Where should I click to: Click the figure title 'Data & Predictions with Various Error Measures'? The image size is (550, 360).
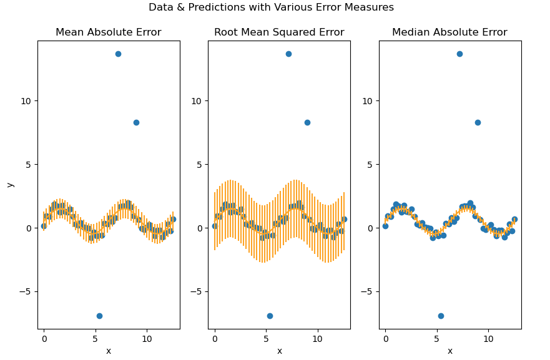(271, 7)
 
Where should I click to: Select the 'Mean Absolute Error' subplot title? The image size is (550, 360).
(108, 32)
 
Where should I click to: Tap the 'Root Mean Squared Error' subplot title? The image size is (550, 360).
(279, 32)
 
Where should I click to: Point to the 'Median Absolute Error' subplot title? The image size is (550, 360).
(449, 32)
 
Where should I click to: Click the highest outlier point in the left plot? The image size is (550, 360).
(118, 54)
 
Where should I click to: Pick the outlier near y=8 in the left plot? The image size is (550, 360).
(136, 122)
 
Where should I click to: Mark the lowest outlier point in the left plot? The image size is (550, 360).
(99, 316)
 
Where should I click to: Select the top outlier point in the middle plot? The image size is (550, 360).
(288, 54)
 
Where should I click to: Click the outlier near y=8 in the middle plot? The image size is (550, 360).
(307, 122)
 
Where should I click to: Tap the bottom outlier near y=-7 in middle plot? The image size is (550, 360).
(270, 316)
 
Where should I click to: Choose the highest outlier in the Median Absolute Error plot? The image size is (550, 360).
(459, 54)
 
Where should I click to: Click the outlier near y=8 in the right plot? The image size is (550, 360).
(478, 122)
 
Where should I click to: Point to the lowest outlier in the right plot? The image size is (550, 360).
(441, 316)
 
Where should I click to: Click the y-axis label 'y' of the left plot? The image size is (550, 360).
(9, 185)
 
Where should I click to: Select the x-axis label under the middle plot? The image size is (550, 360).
(279, 351)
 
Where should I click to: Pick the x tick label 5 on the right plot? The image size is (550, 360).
(437, 339)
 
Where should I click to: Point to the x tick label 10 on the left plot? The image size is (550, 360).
(147, 339)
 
